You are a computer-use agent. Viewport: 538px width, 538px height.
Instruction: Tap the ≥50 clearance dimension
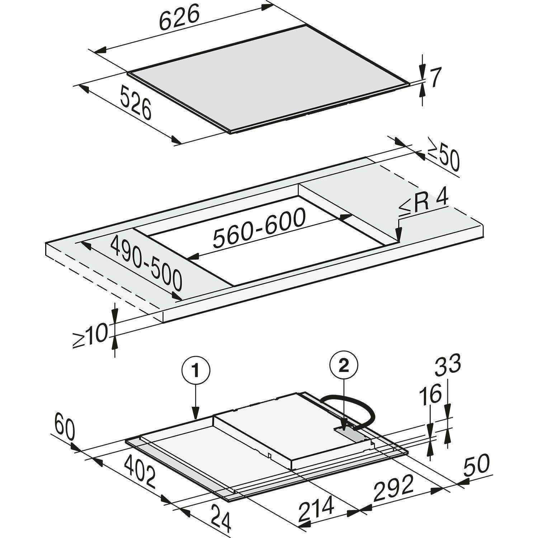coord(443,157)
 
